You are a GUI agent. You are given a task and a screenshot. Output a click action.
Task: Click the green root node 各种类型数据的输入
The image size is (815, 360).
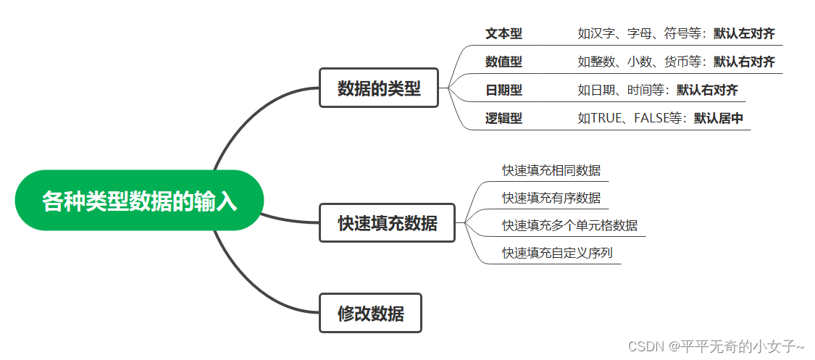click(139, 201)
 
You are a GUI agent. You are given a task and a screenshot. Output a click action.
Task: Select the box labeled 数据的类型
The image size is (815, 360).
click(379, 88)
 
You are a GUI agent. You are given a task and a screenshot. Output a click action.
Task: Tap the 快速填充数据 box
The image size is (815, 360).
click(388, 222)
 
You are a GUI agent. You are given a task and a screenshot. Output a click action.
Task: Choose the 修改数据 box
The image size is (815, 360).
click(371, 314)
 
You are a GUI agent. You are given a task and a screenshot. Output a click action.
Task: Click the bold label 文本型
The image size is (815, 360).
click(503, 33)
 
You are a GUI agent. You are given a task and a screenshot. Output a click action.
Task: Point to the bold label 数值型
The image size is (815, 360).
click(503, 62)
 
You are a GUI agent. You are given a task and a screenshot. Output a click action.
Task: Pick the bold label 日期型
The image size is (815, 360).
click(503, 90)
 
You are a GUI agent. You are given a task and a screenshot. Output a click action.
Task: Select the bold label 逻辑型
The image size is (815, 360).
click(503, 118)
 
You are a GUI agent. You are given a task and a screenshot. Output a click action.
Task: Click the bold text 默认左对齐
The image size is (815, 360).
click(744, 33)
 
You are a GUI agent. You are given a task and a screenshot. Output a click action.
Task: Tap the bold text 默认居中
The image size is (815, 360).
click(719, 118)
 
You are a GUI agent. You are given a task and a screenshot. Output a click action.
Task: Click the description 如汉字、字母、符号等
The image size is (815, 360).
click(642, 33)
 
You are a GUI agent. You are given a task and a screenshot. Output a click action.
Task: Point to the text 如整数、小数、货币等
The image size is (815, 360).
click(642, 62)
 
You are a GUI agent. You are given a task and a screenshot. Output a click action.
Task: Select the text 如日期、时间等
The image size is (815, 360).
click(624, 90)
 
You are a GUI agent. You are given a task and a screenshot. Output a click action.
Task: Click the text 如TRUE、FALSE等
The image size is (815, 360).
click(632, 118)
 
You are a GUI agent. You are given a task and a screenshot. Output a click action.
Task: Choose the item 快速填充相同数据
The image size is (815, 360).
click(551, 170)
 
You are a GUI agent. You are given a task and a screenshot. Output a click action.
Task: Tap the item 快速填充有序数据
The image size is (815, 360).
click(551, 198)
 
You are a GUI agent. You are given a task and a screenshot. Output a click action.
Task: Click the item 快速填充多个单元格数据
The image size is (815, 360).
click(570, 225)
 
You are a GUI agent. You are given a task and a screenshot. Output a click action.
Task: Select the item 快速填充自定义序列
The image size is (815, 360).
click(558, 253)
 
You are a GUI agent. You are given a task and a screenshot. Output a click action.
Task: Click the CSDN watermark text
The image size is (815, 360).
click(716, 346)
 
